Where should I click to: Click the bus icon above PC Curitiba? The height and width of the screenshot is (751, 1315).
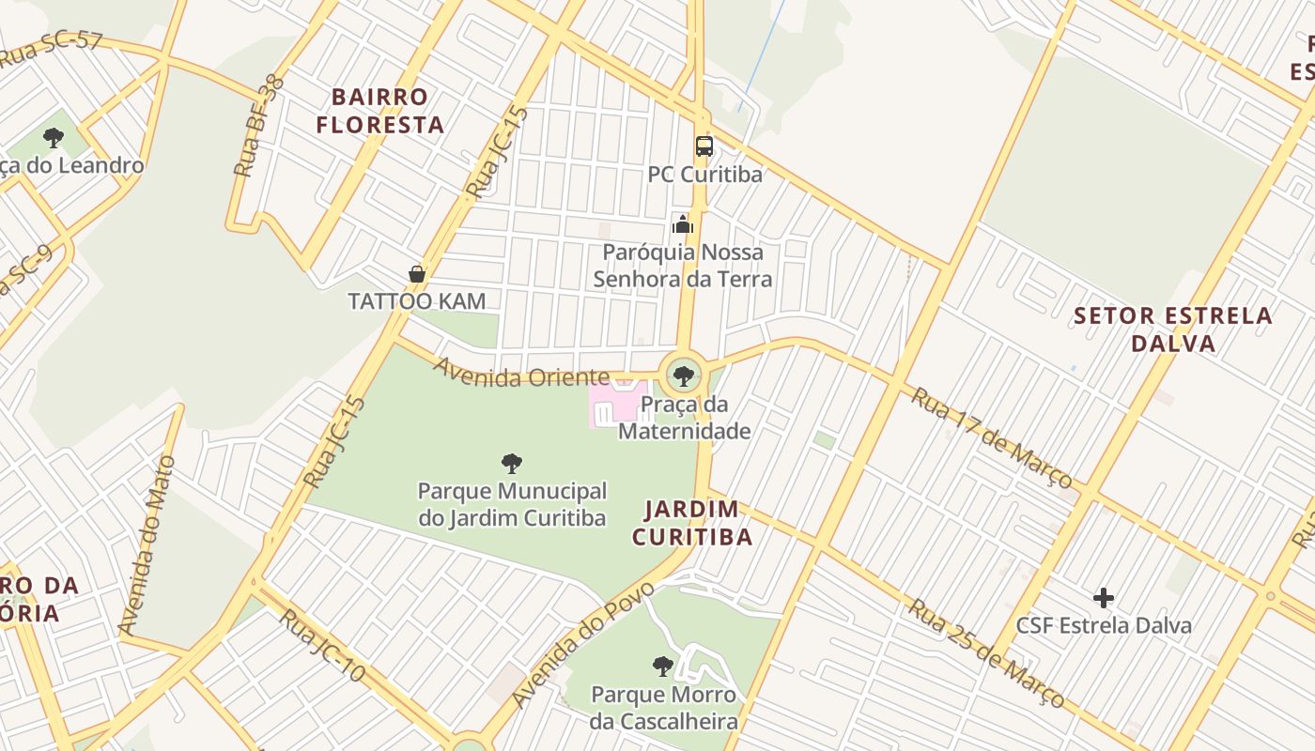pos(704,146)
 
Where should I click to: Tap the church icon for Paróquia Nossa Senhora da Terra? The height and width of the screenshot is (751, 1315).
pos(683,224)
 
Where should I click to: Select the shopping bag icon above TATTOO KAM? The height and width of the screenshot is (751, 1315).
pos(417,274)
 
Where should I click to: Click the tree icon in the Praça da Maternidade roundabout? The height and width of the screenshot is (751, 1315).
pos(684,376)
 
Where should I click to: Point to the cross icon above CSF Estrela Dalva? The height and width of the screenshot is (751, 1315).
pos(1104,598)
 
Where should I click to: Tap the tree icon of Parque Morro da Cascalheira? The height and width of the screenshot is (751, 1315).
pos(663,667)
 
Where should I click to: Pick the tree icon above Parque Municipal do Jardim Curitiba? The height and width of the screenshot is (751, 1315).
pos(512,463)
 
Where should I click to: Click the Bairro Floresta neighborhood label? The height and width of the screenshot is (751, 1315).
pos(379,111)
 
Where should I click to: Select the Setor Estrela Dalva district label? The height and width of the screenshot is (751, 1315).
pos(1173,329)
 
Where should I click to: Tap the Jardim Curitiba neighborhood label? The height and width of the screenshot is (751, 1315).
pos(692,523)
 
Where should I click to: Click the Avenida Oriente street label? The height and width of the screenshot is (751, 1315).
pos(521,373)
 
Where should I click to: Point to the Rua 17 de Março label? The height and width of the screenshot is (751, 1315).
pos(991,437)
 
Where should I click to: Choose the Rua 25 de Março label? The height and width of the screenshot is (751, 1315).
pos(985,653)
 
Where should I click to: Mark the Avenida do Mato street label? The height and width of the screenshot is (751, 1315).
pos(147,545)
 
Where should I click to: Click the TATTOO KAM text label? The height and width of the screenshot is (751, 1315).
pos(417,301)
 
